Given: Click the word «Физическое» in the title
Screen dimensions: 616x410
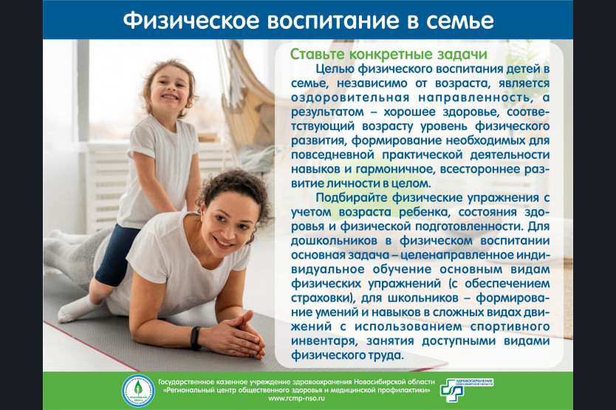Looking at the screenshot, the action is (x=191, y=21).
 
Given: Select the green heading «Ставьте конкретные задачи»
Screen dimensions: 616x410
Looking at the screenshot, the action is (x=389, y=54).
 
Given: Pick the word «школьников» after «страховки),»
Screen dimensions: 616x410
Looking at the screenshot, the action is (x=423, y=298).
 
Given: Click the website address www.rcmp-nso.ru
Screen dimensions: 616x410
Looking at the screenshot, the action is (x=297, y=398).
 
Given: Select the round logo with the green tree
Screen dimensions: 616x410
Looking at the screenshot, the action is (x=138, y=390).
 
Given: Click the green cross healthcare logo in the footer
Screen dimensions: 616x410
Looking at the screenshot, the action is (x=452, y=390).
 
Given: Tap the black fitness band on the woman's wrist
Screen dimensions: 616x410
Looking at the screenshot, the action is (x=196, y=338).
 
